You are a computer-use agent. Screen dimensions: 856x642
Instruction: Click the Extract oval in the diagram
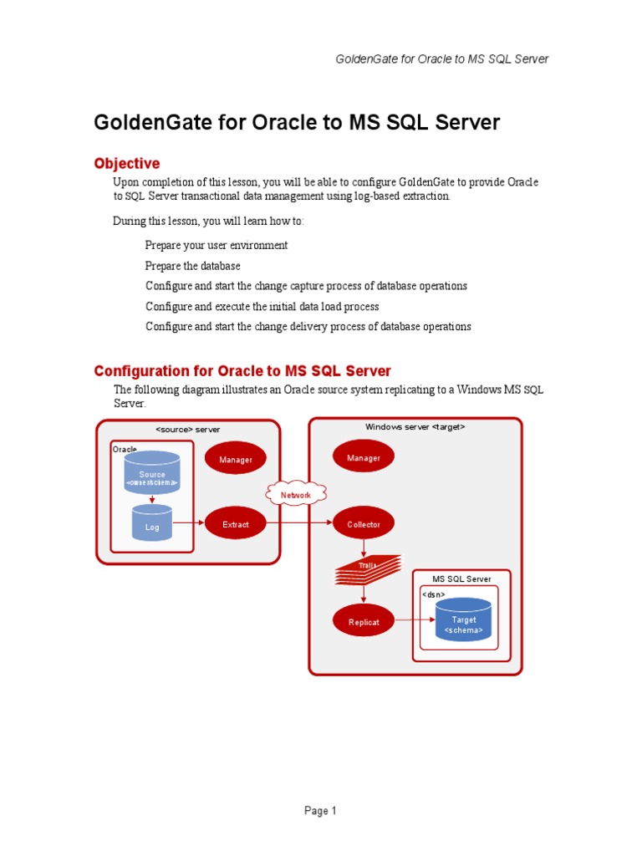[x=236, y=525]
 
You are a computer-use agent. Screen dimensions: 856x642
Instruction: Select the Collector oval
[x=364, y=525]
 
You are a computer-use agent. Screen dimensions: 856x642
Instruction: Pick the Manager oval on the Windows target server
[x=364, y=458]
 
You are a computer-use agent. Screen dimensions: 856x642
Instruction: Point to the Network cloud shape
[x=296, y=495]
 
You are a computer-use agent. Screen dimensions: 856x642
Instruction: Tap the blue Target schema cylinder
[x=463, y=620]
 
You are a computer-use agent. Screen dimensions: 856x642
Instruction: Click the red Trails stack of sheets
[x=368, y=569]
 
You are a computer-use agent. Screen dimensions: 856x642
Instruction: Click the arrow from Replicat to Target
[x=414, y=620]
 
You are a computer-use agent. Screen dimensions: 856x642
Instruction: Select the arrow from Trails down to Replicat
[x=364, y=594]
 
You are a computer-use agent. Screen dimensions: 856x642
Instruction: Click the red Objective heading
[x=127, y=163]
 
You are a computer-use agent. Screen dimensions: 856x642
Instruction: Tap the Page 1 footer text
[x=320, y=811]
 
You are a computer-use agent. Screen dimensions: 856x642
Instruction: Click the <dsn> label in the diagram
[x=433, y=594]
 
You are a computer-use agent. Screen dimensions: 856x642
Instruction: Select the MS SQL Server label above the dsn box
[x=461, y=578]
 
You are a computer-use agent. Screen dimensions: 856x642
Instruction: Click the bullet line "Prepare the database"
[x=192, y=266]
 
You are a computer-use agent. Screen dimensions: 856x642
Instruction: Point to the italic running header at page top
[x=442, y=59]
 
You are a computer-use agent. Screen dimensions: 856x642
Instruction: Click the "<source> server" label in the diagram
[x=188, y=429]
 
